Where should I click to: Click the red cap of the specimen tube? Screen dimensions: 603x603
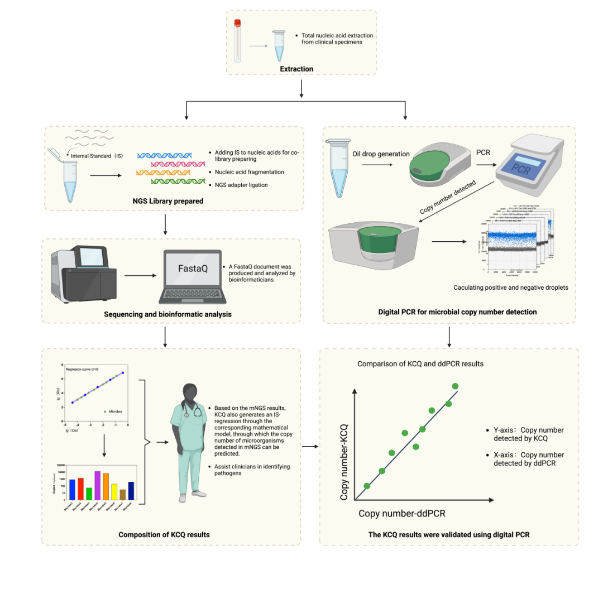[x=237, y=23]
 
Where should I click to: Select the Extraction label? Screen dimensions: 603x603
[x=296, y=69]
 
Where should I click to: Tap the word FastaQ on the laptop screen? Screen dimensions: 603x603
[x=193, y=269]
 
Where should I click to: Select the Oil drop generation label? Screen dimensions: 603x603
[x=381, y=154]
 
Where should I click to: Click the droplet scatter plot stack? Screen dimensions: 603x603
[x=519, y=240]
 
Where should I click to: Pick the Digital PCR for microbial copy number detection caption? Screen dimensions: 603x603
[x=457, y=312]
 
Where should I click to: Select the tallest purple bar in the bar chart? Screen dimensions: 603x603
[x=97, y=485]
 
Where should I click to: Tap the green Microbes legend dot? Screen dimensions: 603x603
[x=105, y=411]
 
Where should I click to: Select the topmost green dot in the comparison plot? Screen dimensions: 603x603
[x=455, y=386]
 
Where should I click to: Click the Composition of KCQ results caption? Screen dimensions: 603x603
[x=164, y=534]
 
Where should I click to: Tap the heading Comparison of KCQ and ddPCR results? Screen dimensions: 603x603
[x=420, y=364]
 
